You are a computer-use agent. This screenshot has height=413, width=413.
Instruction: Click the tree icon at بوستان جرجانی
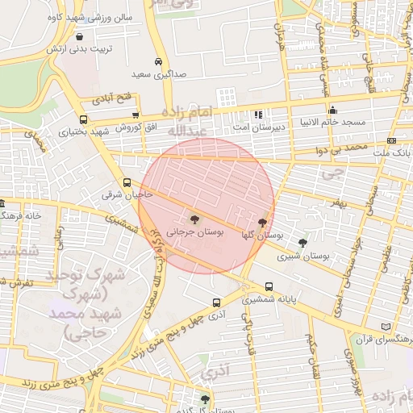(x=194, y=218)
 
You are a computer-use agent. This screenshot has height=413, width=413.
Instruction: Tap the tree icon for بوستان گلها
(x=262, y=222)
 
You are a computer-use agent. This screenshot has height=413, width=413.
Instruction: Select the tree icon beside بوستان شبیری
(x=302, y=242)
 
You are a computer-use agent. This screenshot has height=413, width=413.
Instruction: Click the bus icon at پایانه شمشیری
(x=269, y=286)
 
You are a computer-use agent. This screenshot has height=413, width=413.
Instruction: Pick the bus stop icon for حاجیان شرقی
(x=127, y=182)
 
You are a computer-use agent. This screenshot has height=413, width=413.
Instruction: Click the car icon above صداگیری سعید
(x=159, y=61)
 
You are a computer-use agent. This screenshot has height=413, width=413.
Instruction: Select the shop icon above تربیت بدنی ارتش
(x=79, y=36)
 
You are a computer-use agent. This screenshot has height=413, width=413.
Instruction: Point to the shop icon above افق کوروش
(x=136, y=115)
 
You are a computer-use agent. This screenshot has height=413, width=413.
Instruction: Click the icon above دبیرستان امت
(x=257, y=115)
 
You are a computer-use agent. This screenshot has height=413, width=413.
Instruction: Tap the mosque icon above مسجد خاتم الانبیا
(x=332, y=110)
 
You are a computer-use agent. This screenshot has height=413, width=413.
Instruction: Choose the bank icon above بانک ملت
(x=392, y=140)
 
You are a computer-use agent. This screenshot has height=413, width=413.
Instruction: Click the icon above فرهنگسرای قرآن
(x=385, y=327)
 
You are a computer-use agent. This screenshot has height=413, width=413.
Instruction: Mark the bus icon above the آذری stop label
(x=215, y=302)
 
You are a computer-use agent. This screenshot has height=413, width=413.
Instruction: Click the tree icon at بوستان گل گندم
(x=205, y=399)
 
